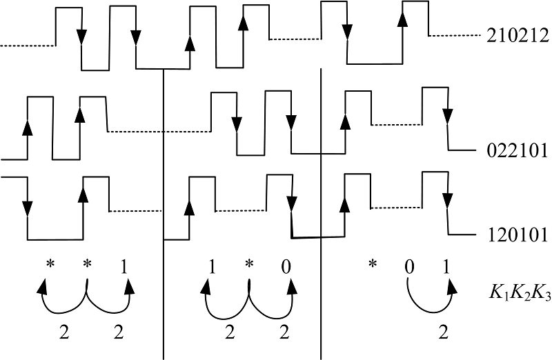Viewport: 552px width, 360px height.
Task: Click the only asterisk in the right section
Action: tap(373, 264)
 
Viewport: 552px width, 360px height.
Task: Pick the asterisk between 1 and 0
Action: tap(248, 264)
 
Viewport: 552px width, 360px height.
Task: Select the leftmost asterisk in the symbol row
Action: tap(49, 264)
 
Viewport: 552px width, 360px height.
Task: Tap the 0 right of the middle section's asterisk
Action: tap(286, 266)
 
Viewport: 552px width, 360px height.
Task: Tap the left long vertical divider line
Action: tap(164, 207)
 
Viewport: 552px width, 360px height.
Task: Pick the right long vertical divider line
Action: tap(322, 207)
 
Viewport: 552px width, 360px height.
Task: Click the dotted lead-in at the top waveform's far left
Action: tap(28, 46)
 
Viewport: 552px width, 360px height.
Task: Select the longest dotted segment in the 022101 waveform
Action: tap(159, 131)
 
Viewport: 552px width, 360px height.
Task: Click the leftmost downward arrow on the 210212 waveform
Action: tap(82, 34)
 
